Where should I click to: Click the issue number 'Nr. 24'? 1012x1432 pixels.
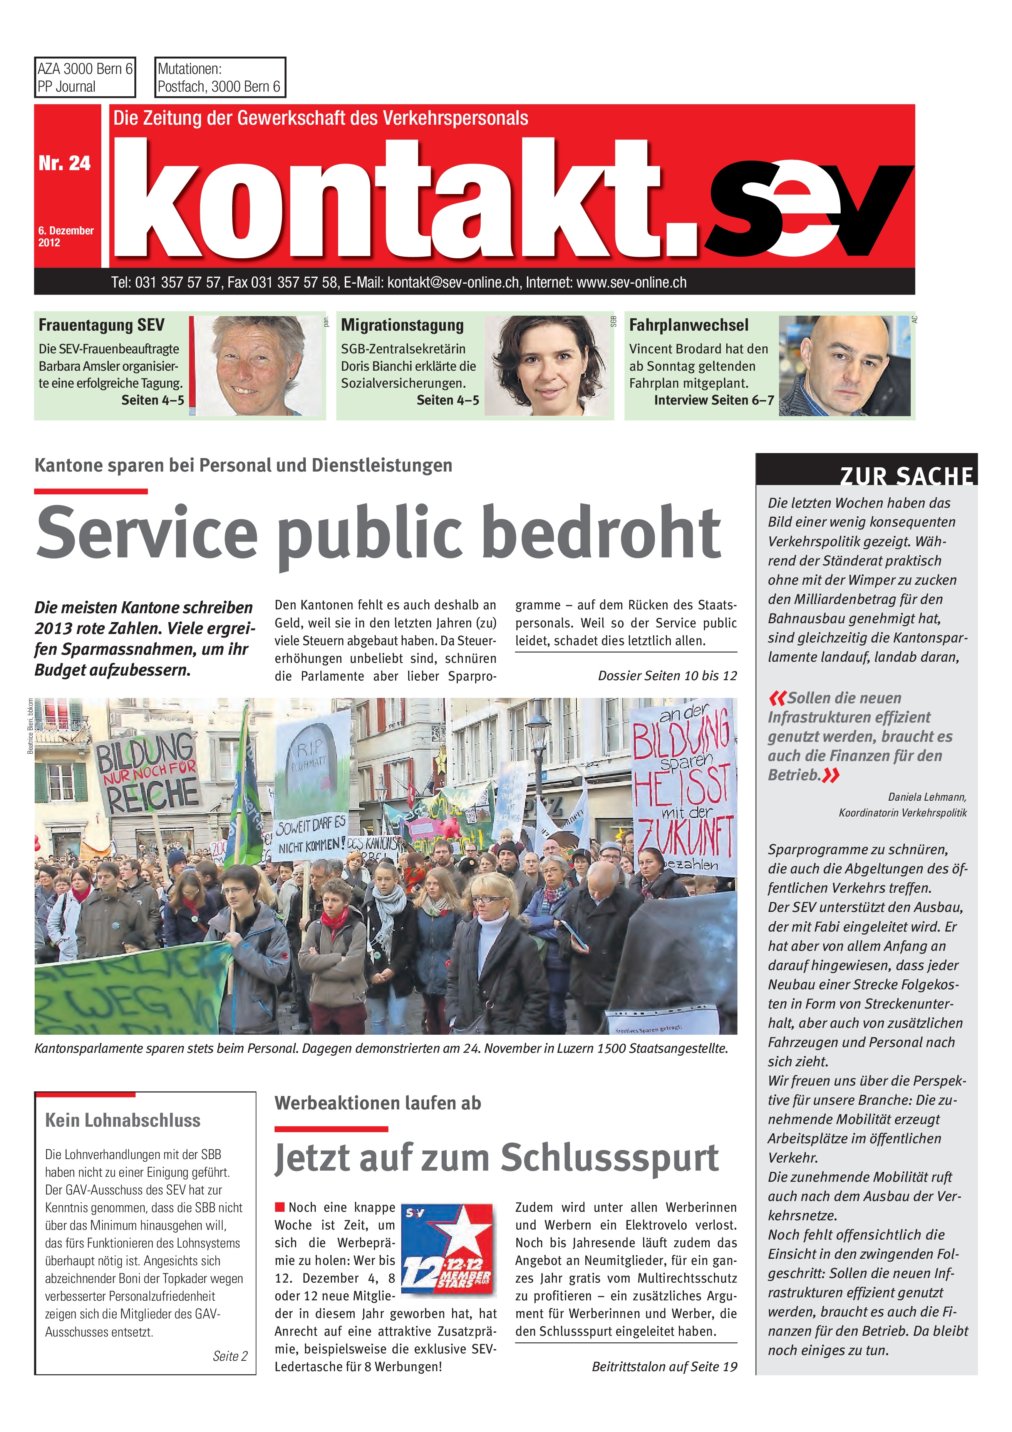tap(64, 163)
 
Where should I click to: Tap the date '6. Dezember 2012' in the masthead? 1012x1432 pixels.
tap(65, 236)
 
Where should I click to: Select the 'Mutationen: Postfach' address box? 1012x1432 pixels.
tap(219, 77)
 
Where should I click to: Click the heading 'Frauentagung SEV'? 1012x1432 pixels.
tap(102, 325)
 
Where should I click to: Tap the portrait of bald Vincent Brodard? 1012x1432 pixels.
tap(844, 365)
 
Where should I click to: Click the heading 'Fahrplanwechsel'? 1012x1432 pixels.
tap(688, 325)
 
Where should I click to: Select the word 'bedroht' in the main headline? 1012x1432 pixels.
tap(602, 533)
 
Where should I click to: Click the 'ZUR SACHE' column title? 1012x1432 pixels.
tap(906, 475)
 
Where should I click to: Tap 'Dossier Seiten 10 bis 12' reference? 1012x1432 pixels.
tap(667, 676)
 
